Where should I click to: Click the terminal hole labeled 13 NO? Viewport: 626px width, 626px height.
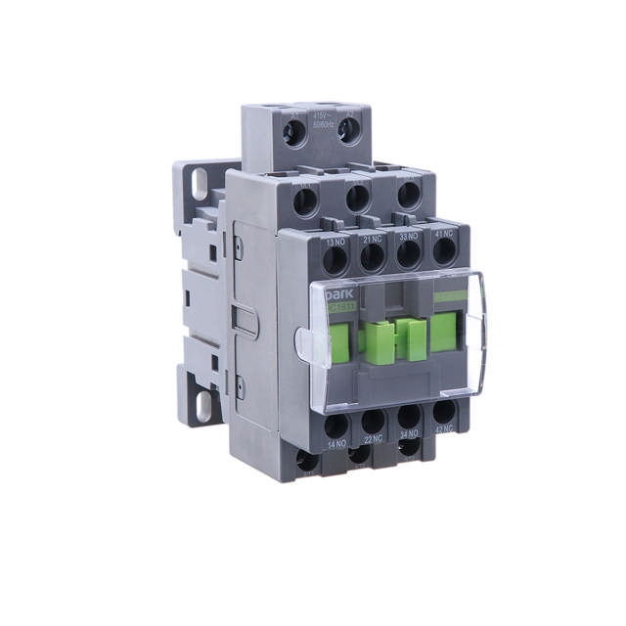click(335, 260)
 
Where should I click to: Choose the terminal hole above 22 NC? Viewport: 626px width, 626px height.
click(372, 423)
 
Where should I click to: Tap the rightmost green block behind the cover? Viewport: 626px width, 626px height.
click(445, 324)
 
